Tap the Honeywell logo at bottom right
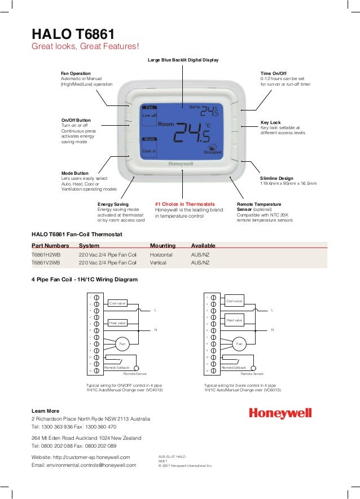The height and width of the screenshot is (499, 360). click(x=280, y=414)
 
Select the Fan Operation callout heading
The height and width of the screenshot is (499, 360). click(x=76, y=73)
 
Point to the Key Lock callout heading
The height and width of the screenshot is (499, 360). click(x=271, y=122)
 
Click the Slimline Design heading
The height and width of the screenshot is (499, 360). click(x=277, y=178)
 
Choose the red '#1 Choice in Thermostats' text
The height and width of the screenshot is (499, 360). click(x=185, y=204)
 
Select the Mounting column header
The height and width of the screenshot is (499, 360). click(x=163, y=245)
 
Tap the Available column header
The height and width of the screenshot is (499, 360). click(x=204, y=245)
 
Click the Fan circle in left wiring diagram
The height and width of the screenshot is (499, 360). click(x=122, y=343)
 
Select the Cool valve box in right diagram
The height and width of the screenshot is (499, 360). click(x=234, y=301)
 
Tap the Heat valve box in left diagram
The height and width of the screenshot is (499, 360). click(x=117, y=323)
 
